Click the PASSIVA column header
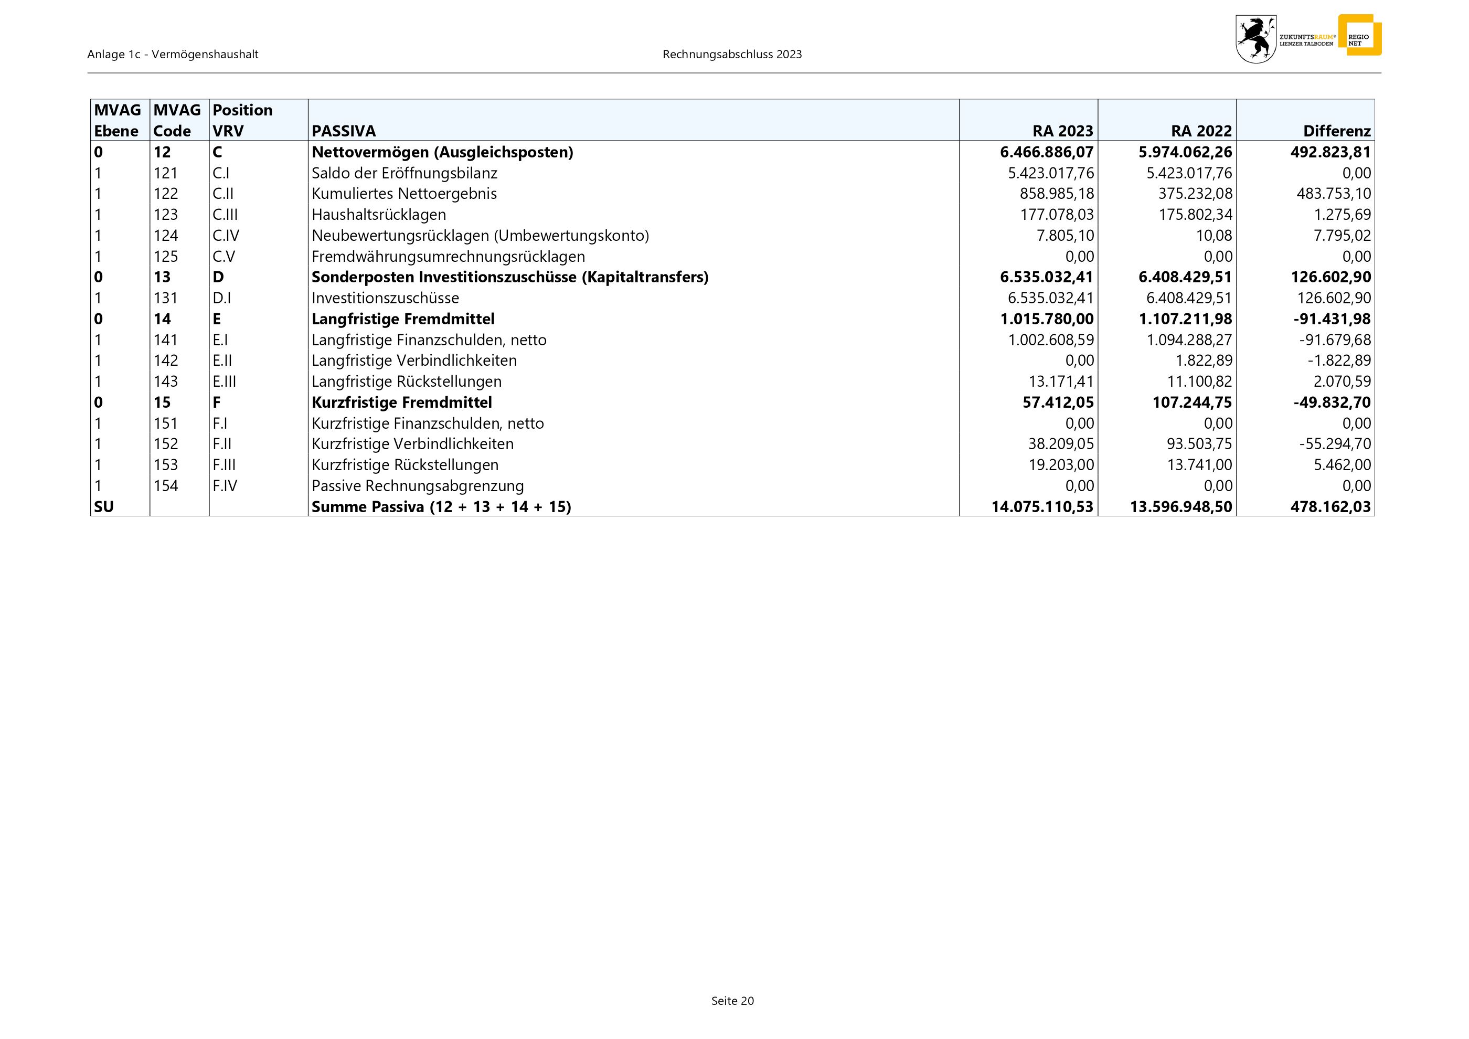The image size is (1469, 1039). tap(344, 131)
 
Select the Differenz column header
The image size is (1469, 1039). tap(1337, 131)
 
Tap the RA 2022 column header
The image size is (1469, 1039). tap(1201, 131)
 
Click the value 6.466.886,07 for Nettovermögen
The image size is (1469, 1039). tap(1047, 152)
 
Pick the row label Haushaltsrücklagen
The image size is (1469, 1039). tap(379, 215)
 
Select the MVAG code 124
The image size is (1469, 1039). tap(166, 236)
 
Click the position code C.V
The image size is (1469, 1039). tap(224, 257)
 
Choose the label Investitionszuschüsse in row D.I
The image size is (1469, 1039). tap(385, 298)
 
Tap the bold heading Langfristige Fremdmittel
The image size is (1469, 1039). tap(403, 319)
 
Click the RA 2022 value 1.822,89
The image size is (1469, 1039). tap(1204, 361)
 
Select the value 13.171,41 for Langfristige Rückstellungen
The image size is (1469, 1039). tap(1061, 382)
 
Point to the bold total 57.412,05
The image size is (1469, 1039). tap(1058, 402)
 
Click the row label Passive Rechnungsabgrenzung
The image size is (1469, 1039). tap(417, 486)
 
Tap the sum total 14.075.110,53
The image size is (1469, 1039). tap(1042, 507)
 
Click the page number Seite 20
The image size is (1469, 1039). tap(732, 1001)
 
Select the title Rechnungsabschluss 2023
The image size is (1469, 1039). tap(732, 55)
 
